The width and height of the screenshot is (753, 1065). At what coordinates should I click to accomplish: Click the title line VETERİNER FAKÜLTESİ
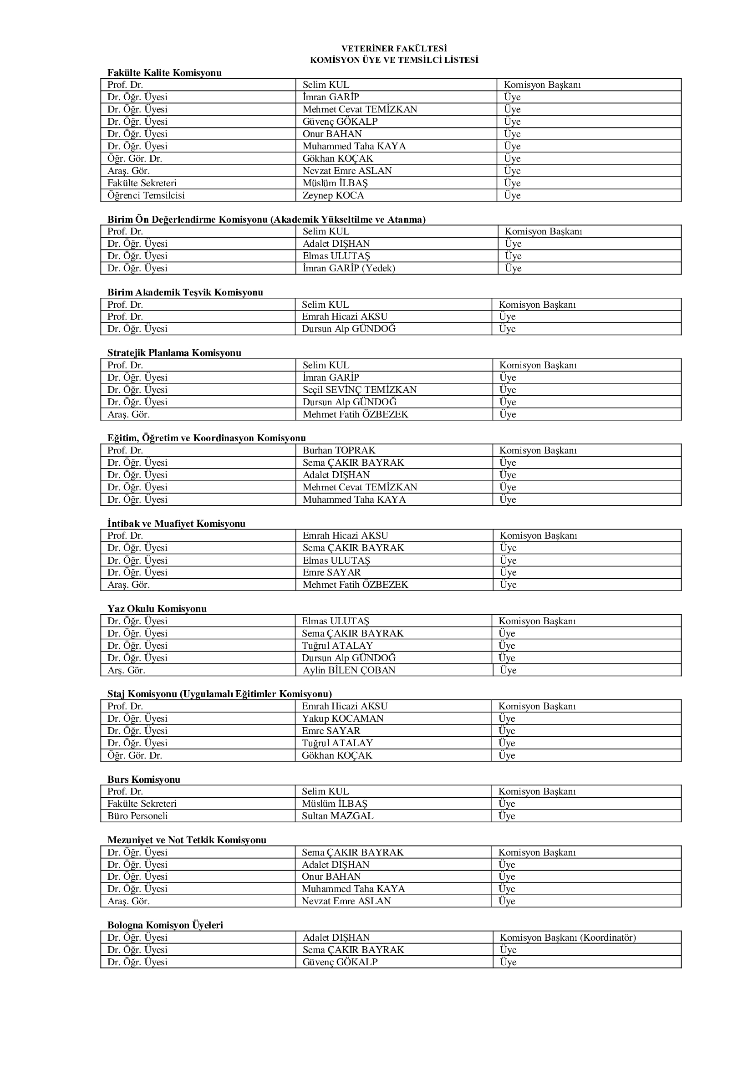394,49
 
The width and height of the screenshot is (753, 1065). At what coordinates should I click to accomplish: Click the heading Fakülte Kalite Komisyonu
165,73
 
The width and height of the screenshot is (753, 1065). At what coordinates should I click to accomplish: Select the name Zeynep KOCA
333,195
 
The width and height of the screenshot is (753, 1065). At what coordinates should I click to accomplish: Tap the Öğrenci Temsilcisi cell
146,195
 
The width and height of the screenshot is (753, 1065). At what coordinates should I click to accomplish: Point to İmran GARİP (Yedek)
349,268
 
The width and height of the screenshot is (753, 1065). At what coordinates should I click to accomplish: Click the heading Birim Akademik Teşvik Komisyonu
185,292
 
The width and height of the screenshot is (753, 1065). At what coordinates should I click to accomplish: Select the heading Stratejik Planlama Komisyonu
174,353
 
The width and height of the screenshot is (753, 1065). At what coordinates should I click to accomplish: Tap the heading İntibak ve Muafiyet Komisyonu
176,524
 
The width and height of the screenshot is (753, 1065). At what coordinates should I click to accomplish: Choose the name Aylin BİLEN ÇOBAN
349,670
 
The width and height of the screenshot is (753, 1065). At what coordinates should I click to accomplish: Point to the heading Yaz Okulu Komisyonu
157,609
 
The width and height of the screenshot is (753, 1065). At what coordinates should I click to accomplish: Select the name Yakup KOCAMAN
343,718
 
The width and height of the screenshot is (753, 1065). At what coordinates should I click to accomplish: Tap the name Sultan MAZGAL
337,816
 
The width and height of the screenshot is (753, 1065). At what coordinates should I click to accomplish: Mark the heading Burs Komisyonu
144,779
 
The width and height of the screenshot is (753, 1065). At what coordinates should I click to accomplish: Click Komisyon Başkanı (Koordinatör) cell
568,938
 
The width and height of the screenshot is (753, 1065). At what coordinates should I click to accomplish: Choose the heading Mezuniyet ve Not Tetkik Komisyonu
187,840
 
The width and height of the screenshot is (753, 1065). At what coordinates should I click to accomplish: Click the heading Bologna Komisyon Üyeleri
165,925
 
